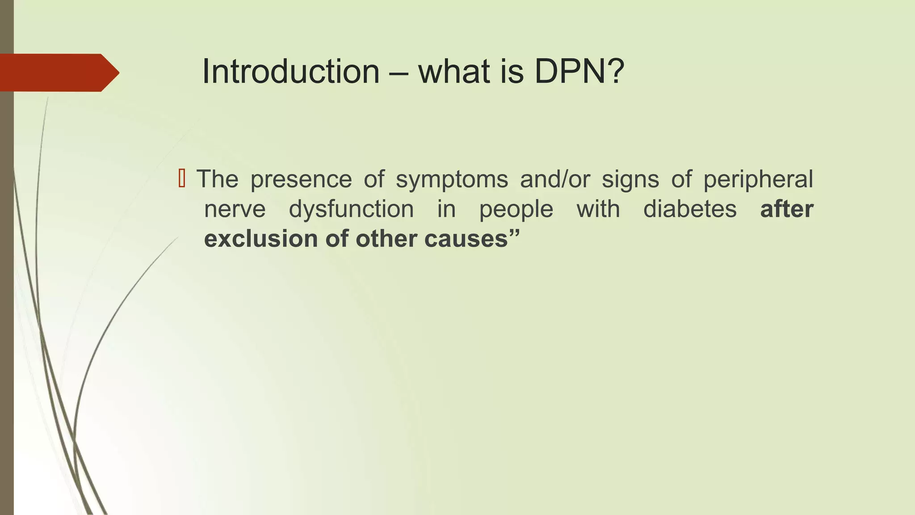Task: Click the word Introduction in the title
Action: [x=290, y=72]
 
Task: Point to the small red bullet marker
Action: [x=181, y=178]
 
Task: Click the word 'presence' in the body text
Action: [x=301, y=180]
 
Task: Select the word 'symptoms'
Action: [x=452, y=180]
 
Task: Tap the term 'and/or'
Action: [x=555, y=180]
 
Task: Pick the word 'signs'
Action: [x=630, y=180]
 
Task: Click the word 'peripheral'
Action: [x=758, y=180]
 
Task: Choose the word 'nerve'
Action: [x=235, y=209]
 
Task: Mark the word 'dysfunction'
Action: [x=351, y=209]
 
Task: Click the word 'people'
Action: [x=516, y=209]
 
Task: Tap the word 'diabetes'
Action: [x=690, y=209]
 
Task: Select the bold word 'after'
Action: [x=787, y=209]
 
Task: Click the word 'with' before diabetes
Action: [x=598, y=209]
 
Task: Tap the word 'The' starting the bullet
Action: [x=218, y=180]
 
